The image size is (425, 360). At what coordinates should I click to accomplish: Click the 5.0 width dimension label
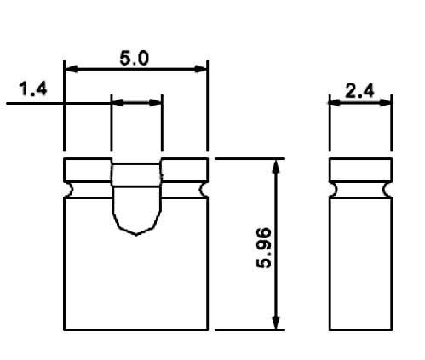[136, 58]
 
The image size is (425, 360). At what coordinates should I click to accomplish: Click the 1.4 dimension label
[32, 89]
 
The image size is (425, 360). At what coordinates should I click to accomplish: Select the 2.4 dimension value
[361, 89]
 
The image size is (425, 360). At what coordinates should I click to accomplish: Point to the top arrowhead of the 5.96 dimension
[275, 165]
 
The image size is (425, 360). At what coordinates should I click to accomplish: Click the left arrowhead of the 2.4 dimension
[336, 102]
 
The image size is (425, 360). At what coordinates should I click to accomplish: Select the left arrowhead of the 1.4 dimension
[117, 102]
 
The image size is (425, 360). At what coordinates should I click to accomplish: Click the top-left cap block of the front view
[89, 169]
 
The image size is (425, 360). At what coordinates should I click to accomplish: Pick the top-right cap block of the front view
[184, 169]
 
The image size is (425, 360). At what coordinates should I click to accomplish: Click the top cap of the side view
[361, 169]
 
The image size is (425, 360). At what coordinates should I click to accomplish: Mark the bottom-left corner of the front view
[65, 329]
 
